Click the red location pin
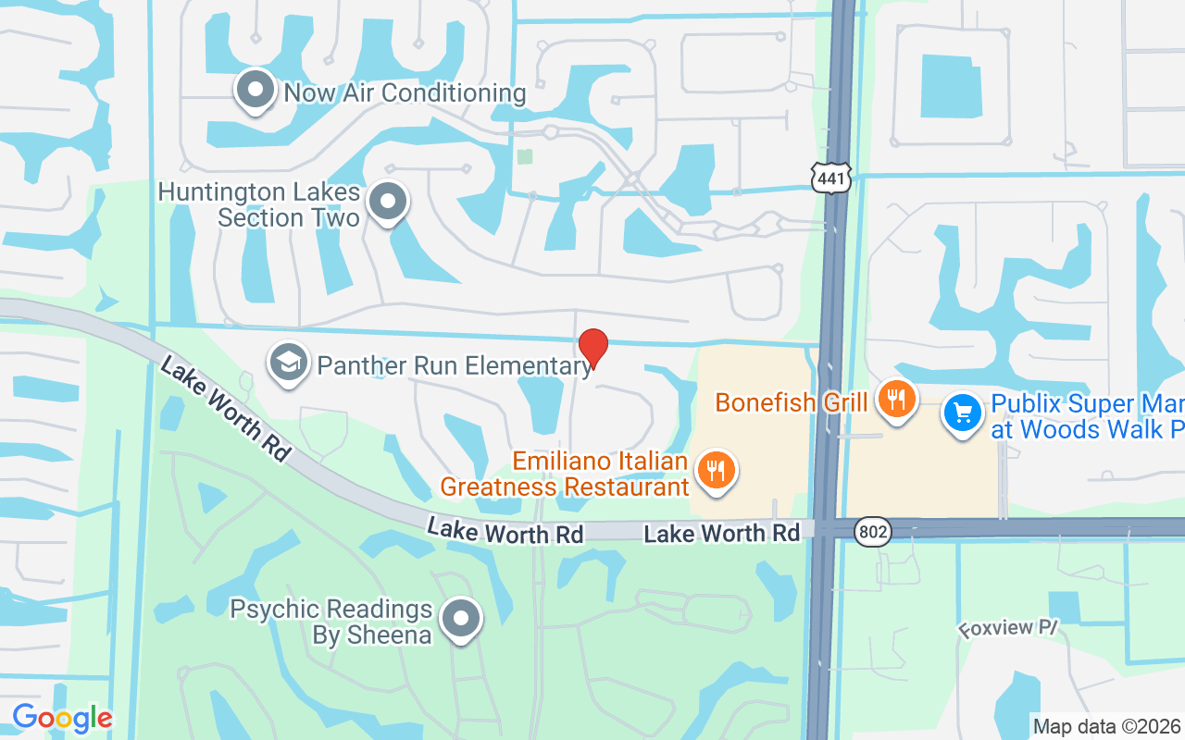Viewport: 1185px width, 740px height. coord(593,348)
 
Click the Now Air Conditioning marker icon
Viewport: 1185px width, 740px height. coord(255,91)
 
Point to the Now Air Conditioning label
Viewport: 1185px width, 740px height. coord(405,93)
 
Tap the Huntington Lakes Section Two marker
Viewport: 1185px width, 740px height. coord(388,202)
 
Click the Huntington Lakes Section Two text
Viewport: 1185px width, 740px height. coord(259,205)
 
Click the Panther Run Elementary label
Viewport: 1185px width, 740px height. coord(454,365)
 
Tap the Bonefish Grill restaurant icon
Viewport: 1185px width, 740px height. coord(895,401)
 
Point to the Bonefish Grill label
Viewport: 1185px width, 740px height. coord(792,402)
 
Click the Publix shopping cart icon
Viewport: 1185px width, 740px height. coord(963,413)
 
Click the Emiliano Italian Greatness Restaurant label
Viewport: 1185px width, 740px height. coord(565,474)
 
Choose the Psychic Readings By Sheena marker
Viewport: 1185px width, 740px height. coord(460,619)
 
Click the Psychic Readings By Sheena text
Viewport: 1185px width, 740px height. coord(331,622)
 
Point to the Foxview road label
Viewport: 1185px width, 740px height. coord(1007,629)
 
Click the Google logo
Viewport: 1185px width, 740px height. coord(62,718)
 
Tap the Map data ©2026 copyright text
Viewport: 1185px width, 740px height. coord(1106,726)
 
